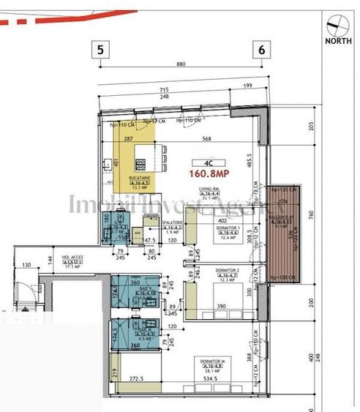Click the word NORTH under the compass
tap(338, 42)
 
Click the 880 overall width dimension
tap(182, 64)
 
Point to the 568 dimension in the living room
tap(207, 140)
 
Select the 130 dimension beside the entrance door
tap(26, 266)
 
